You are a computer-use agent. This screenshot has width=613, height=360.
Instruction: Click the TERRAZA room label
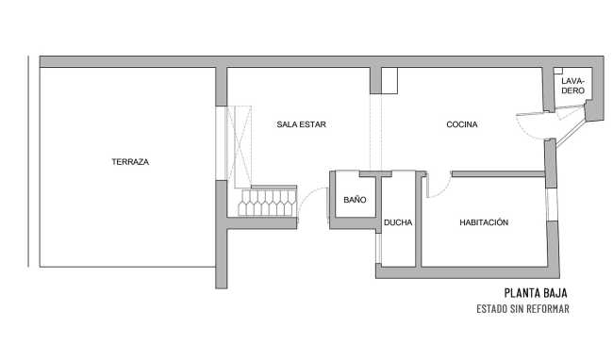click(130, 162)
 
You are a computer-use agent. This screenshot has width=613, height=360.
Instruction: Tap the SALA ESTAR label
click(301, 124)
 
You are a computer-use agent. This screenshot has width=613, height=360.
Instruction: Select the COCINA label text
click(462, 124)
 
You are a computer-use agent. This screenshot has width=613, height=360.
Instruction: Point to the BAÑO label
click(355, 200)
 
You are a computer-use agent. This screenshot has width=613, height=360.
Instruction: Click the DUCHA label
click(398, 222)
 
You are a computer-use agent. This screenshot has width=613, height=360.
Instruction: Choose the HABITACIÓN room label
click(484, 222)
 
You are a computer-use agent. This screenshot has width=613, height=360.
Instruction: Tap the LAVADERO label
click(572, 86)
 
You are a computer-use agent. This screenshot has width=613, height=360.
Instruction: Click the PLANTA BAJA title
click(536, 293)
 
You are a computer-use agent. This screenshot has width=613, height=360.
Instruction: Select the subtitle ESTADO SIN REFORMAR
click(522, 309)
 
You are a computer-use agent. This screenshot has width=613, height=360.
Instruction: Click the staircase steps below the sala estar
click(268, 203)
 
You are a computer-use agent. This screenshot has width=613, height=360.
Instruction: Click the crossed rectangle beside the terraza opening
click(240, 147)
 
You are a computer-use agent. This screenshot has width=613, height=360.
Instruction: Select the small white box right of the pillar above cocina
click(389, 81)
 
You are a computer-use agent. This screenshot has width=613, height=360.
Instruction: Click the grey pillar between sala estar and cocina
click(375, 81)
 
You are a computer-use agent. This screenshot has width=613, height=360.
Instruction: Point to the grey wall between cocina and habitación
click(498, 174)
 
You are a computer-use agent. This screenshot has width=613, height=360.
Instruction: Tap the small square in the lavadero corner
click(558, 71)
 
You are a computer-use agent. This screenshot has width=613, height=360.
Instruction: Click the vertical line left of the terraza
click(28, 162)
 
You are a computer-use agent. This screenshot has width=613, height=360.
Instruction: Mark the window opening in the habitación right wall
click(552, 205)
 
